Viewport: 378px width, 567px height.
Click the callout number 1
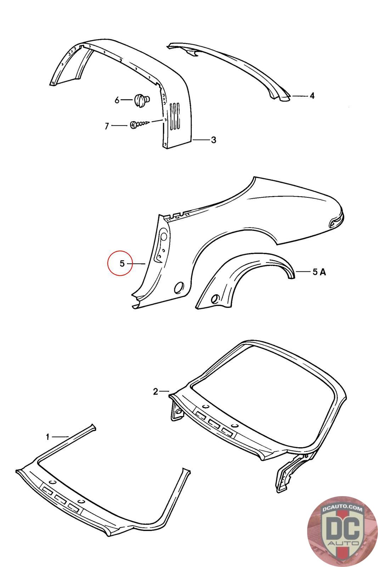click(48, 437)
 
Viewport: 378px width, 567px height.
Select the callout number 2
click(156, 392)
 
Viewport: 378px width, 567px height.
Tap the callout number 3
click(213, 140)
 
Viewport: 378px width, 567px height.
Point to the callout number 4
click(312, 96)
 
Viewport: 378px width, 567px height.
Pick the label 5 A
click(319, 272)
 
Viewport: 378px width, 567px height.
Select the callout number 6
click(117, 100)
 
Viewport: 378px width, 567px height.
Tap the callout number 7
click(107, 126)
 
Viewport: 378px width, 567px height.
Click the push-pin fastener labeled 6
click(142, 100)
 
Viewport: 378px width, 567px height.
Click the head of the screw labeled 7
click(134, 125)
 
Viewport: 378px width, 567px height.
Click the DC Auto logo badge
click(337, 527)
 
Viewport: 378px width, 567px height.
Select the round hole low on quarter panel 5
click(179, 287)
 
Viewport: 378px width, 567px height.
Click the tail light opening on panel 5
click(335, 222)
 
